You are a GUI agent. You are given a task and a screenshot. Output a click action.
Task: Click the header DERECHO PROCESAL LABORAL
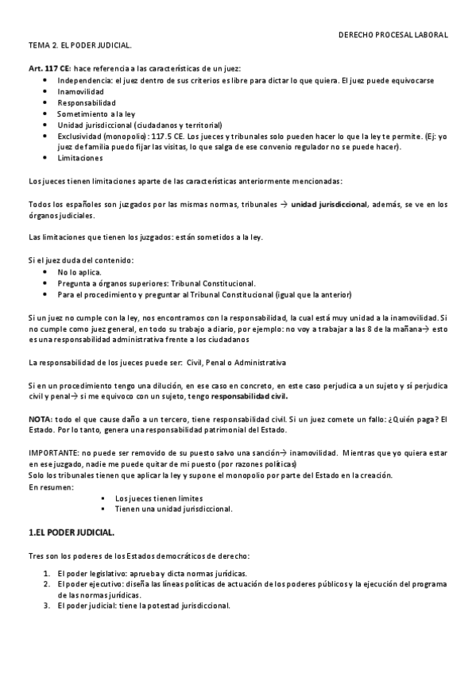point(393,35)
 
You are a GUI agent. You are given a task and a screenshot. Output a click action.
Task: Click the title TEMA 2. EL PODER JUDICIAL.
point(79,45)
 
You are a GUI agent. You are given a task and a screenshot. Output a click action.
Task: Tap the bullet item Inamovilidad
point(80,91)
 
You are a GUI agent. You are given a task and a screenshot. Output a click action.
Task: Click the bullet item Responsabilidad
point(87,102)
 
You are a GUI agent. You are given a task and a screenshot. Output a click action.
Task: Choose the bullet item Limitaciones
point(80,157)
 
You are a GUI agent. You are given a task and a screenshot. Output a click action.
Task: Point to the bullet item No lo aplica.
point(79,271)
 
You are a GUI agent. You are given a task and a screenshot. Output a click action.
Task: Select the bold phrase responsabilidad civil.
point(250,395)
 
